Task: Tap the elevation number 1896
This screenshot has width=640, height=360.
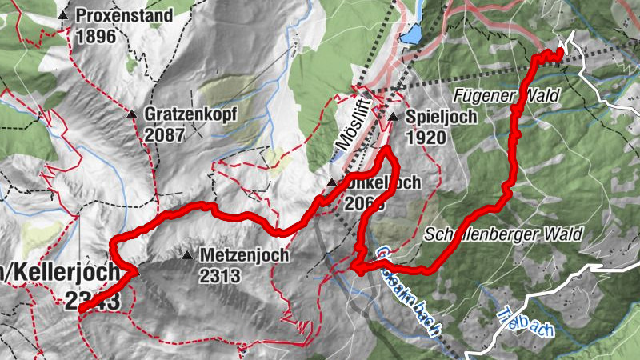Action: (x=97, y=36)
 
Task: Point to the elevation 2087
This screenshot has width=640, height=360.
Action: (x=165, y=134)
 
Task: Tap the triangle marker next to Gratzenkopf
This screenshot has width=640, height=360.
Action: (x=131, y=114)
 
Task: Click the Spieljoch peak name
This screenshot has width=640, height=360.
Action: (x=442, y=118)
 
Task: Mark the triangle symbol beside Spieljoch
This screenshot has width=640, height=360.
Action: (x=393, y=118)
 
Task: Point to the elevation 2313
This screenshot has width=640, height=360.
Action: (x=220, y=276)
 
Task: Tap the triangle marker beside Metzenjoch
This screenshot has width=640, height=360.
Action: (x=186, y=256)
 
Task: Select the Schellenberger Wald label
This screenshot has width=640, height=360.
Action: (x=505, y=235)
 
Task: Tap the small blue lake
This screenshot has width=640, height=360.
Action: (x=411, y=34)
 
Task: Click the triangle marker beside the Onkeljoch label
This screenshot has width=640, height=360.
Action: (x=331, y=183)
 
